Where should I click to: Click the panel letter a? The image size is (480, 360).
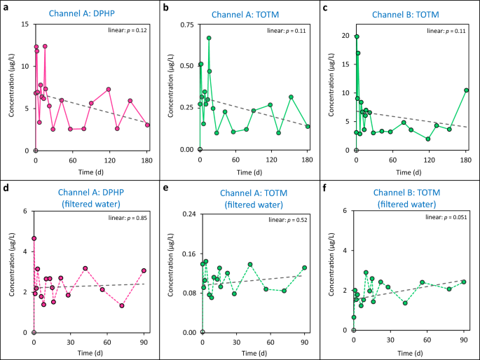6,7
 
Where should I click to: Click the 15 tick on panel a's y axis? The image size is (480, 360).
26,25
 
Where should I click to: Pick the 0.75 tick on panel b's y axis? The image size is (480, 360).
186,25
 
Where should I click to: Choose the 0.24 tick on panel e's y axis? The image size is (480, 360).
189,211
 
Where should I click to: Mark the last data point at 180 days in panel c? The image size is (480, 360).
466,90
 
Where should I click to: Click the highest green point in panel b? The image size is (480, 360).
209,38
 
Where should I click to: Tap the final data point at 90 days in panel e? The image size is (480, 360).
305,268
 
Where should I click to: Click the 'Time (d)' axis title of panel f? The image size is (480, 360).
409,354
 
